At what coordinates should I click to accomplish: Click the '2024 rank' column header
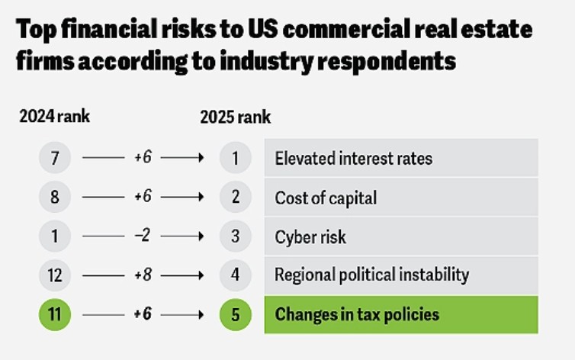[x=54, y=117]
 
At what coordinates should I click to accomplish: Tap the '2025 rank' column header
[x=236, y=117]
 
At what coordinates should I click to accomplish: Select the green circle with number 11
[x=55, y=314]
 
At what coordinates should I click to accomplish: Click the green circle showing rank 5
[x=236, y=314]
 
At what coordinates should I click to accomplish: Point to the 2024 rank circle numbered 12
[x=55, y=275]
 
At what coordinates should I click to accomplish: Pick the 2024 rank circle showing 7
[x=55, y=158]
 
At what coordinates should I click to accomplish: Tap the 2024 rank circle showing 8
[x=55, y=197]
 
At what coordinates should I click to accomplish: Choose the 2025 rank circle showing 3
[x=236, y=236]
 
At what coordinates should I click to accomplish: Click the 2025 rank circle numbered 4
[x=236, y=275]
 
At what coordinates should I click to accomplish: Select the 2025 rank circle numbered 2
[x=236, y=197]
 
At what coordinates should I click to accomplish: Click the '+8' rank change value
[x=143, y=275]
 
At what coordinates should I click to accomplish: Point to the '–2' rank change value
[x=143, y=236]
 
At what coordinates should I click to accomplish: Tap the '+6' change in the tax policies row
[x=143, y=313]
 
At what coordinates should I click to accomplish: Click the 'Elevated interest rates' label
[x=354, y=159]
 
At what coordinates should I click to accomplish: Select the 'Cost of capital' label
[x=326, y=198]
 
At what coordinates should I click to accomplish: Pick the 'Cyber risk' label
[x=310, y=237]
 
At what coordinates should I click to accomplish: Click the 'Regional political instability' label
[x=372, y=275]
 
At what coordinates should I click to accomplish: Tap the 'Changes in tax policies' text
[x=357, y=314]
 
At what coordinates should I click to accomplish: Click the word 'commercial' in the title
[x=345, y=29]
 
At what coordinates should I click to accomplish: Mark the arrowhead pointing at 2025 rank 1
[x=201, y=158]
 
